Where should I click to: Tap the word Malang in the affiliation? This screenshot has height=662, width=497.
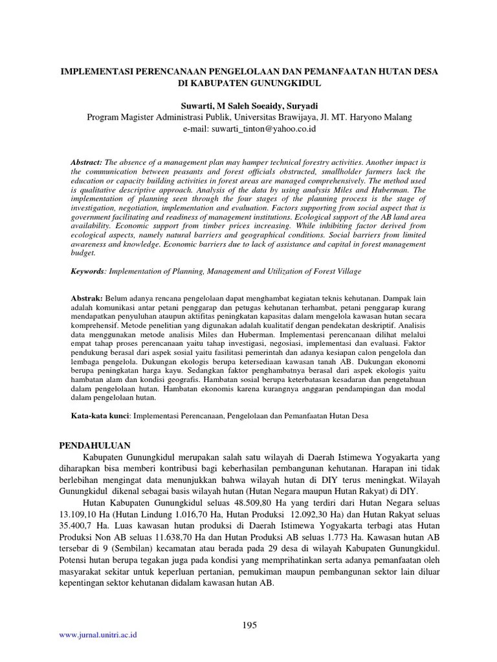tap(396, 117)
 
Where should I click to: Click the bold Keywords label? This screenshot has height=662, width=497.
tap(87, 272)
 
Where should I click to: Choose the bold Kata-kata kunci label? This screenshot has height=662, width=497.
tap(100, 416)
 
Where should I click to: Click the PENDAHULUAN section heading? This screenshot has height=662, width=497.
tap(96, 445)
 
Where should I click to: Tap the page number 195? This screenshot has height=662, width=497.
tap(248, 625)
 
